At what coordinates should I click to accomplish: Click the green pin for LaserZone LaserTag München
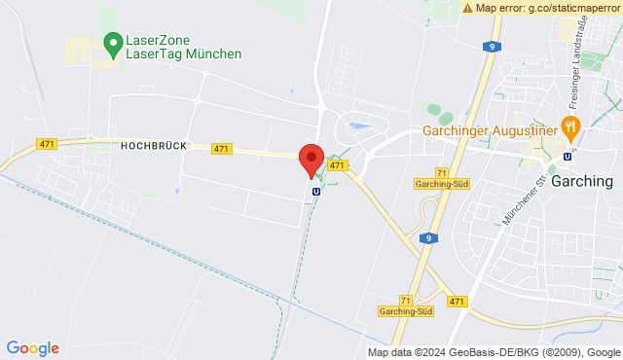(111, 43)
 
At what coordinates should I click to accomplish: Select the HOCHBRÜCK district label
(154, 144)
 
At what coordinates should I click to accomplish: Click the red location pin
(311, 159)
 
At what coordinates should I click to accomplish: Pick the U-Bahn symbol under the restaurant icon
(568, 156)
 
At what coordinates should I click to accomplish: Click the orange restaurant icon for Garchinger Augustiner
(570, 126)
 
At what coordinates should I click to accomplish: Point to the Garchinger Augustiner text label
(488, 130)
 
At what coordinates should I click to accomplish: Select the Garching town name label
(581, 181)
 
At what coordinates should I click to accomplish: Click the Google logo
(32, 347)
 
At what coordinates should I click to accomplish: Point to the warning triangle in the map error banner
(468, 7)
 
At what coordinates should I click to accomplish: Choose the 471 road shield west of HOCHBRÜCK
(47, 144)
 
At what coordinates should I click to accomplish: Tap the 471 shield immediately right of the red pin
(337, 166)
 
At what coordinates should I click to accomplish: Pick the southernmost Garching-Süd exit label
(405, 311)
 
